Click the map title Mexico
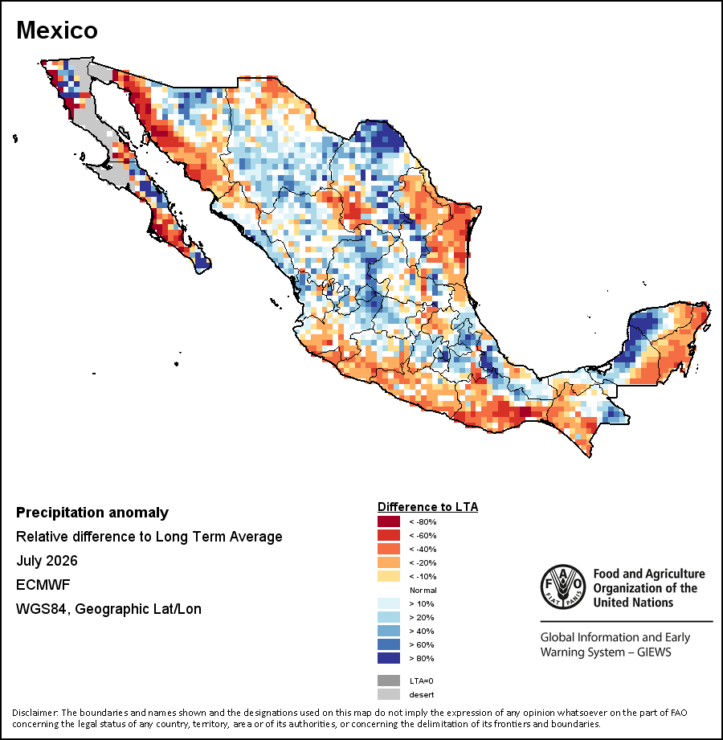pos(57,31)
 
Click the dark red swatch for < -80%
pos(388,521)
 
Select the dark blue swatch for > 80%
pos(388,658)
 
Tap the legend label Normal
pos(423,590)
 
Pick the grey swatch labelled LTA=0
pos(388,681)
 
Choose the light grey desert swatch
pos(388,694)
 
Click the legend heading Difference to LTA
pos(427,507)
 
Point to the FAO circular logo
pos(563,587)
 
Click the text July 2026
pos(47,561)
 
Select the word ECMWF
pos(43,585)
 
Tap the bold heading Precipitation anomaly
pos(92,513)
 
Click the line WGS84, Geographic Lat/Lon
pos(108,609)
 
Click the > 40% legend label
pos(422,631)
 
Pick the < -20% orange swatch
pos(388,562)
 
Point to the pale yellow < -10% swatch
pos(388,576)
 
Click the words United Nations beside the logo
pos(633,603)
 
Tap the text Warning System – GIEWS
pos(606,652)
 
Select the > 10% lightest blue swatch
pos(388,603)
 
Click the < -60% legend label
pos(423,535)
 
